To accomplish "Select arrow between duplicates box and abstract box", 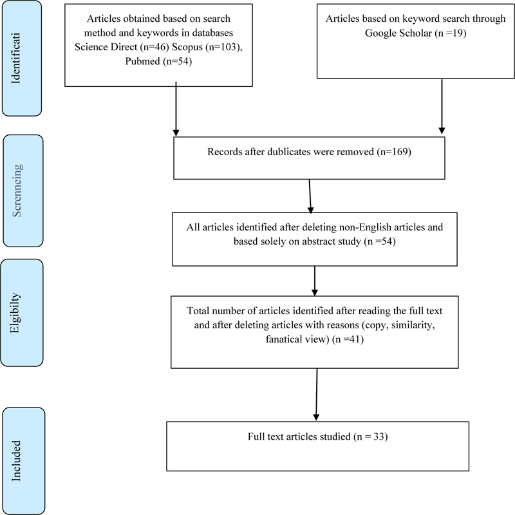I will tap(310, 196).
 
